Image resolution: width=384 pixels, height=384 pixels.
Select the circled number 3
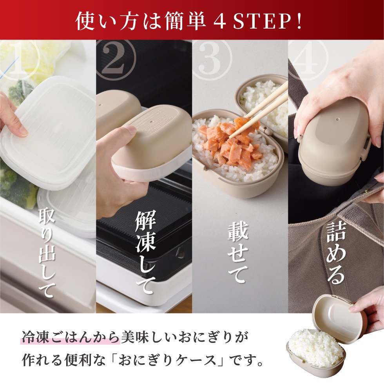pos(213,59)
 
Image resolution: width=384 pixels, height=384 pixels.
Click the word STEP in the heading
pos(260,22)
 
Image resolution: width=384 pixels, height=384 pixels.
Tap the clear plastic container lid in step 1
pos(47,129)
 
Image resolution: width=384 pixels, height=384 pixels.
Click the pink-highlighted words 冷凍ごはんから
pos(71,337)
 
